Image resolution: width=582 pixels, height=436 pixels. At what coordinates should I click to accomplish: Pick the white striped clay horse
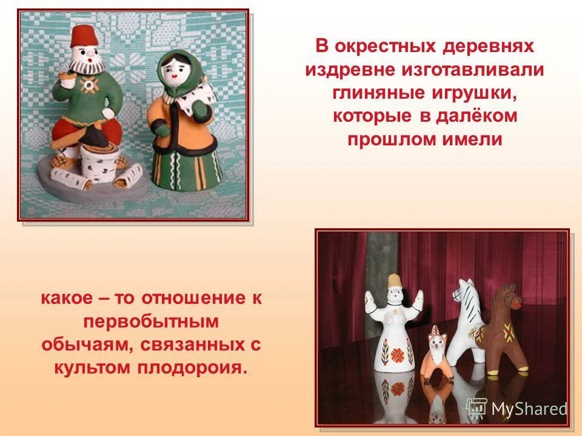469,315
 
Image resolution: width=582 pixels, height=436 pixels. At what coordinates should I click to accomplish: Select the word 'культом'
94,367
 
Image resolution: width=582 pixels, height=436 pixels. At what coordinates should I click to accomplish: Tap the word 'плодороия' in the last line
197,367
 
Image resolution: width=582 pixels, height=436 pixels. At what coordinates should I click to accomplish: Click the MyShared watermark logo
517,408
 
